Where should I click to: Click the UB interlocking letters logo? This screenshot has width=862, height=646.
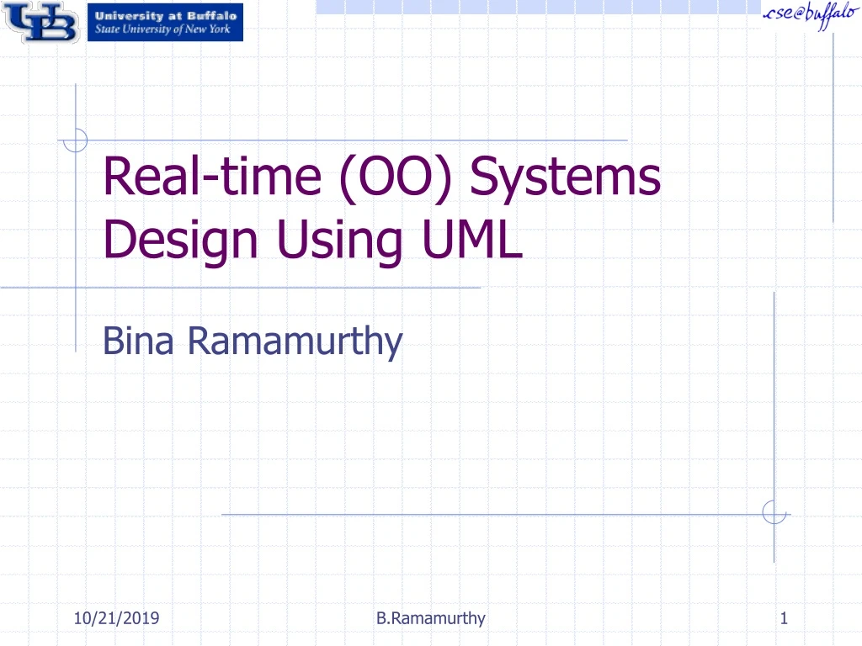pyautogui.click(x=40, y=23)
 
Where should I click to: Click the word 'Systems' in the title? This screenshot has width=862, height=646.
pyautogui.click(x=565, y=178)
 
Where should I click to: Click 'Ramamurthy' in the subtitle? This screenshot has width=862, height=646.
pyautogui.click(x=295, y=342)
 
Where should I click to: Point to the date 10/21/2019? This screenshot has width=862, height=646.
pyautogui.click(x=116, y=619)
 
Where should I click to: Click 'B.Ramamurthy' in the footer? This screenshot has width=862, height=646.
pyautogui.click(x=431, y=619)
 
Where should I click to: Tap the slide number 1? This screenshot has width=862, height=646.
pyautogui.click(x=784, y=619)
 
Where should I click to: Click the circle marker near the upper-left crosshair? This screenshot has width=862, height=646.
pyautogui.click(x=76, y=140)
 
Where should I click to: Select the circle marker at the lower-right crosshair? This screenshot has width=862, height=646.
pyautogui.click(x=774, y=512)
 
